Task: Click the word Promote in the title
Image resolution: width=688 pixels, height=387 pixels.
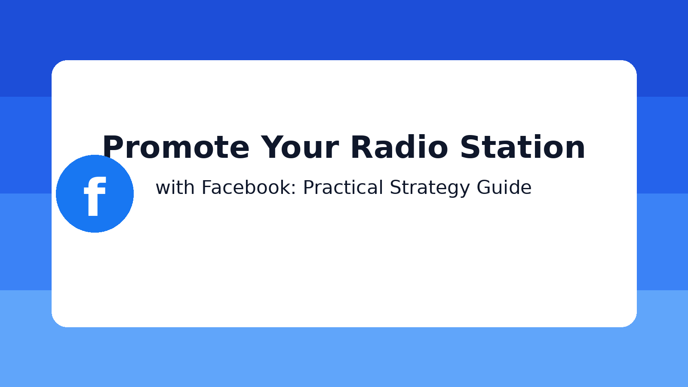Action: click(175, 147)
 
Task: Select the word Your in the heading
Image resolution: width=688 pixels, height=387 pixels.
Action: click(300, 147)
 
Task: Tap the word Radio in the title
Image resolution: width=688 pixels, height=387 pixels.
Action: click(399, 147)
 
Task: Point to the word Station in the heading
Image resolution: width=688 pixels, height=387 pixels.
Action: click(522, 147)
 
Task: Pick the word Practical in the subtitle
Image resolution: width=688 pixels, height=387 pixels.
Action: click(343, 188)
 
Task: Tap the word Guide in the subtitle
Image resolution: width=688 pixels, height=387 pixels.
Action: click(504, 188)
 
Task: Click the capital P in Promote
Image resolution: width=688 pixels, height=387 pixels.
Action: click(113, 147)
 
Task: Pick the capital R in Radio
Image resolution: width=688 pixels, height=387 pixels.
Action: click(362, 147)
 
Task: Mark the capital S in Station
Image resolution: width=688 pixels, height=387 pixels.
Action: click(470, 147)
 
